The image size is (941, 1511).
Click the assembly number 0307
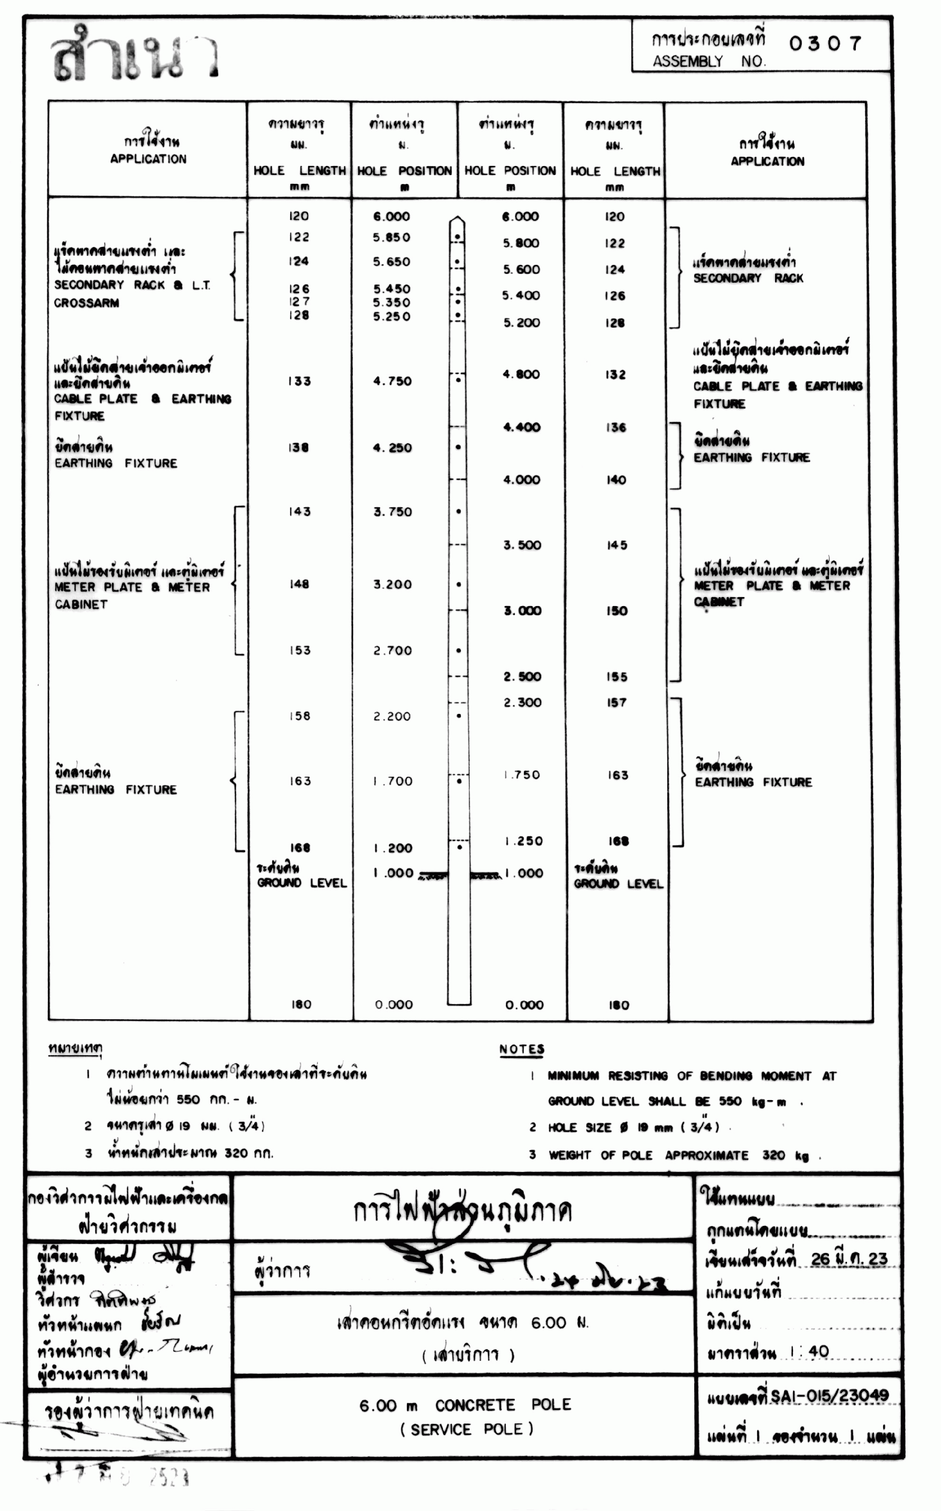coord(825,43)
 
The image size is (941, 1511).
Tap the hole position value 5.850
coord(391,237)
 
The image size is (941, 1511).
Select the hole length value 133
coord(299,381)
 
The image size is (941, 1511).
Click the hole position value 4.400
coord(521,427)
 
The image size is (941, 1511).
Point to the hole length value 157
coord(617,702)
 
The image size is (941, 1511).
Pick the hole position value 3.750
coord(392,512)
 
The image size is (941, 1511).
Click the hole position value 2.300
coord(522,702)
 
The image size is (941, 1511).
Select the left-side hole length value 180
coord(301,1004)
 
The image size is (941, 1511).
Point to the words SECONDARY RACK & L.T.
coord(132,285)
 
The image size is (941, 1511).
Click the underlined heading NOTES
coord(521,1049)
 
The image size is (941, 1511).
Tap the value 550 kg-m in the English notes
coord(752,1102)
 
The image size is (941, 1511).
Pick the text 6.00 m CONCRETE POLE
coord(465,1405)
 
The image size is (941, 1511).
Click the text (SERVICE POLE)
coord(466,1429)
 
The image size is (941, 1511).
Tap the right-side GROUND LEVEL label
coord(618,884)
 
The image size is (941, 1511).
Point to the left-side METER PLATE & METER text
coord(132,587)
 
